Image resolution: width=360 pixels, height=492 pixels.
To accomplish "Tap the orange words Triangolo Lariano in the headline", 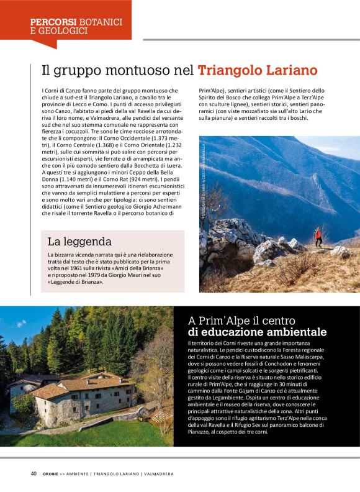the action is click(x=258, y=70).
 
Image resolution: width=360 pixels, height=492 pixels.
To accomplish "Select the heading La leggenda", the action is click(x=79, y=241).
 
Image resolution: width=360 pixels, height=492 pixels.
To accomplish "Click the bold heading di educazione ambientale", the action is click(x=257, y=332).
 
